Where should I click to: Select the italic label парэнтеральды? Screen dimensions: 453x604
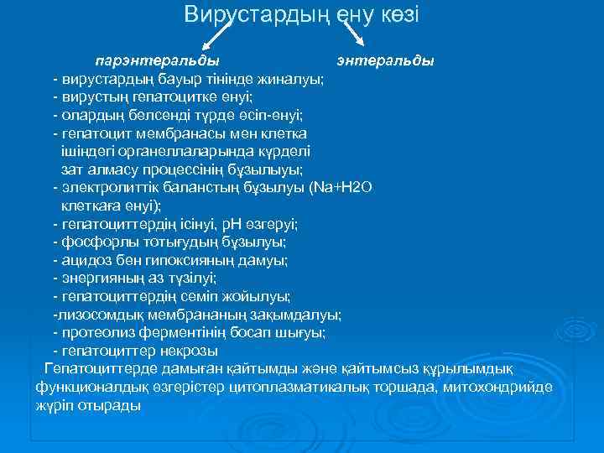(x=157, y=61)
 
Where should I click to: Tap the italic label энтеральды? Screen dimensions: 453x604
(x=384, y=61)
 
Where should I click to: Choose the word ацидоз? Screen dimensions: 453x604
(x=81, y=260)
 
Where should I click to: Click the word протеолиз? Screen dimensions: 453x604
(x=92, y=332)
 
